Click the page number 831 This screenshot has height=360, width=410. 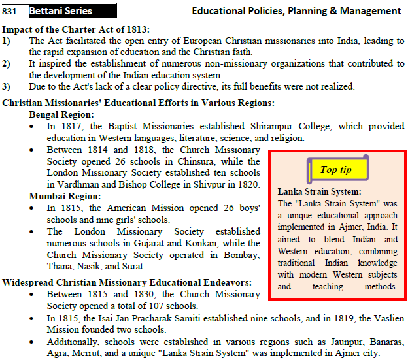10,11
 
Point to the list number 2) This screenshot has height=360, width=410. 7,63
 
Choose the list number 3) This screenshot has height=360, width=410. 7,86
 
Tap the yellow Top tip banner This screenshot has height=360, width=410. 337,170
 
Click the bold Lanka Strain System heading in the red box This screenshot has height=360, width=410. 319,191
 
